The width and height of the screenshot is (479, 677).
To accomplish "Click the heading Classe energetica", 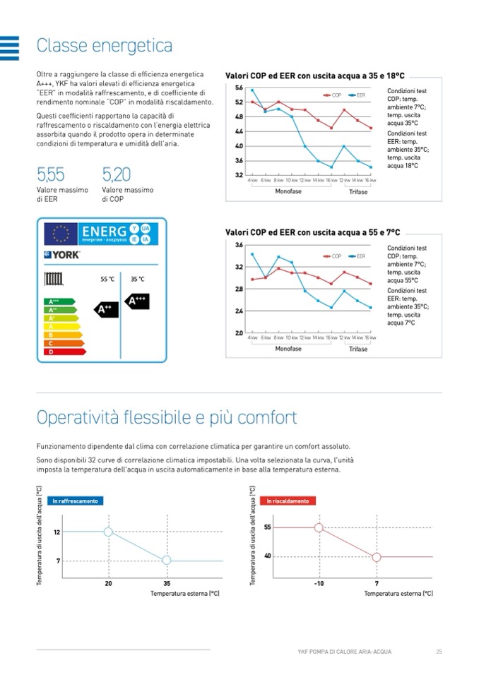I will tap(105, 47).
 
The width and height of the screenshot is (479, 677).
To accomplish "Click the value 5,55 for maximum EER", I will tap(50, 174).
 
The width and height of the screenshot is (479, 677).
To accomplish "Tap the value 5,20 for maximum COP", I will tap(116, 174).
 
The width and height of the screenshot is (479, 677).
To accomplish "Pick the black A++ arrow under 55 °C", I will tap(105, 309).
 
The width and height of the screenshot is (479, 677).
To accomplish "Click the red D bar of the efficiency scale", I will tap(64, 351).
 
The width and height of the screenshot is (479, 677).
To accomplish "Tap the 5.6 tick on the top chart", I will tap(239, 88).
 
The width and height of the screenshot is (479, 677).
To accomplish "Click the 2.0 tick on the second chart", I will tap(239, 332).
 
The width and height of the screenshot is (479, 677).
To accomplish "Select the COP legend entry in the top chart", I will tap(332, 95).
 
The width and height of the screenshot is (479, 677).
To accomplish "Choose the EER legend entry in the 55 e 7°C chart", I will tap(356, 256).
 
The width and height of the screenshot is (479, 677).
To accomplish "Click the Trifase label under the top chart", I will tap(358, 192).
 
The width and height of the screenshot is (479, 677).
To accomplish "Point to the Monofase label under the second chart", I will tap(288, 349).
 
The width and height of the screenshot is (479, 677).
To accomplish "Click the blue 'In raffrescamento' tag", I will tap(76, 501).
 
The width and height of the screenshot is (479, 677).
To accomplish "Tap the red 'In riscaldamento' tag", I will tap(288, 501).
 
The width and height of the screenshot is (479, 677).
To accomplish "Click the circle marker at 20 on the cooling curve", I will tap(108, 532).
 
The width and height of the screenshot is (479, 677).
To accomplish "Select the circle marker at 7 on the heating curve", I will tap(377, 557).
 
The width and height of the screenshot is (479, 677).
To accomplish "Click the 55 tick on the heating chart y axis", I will tap(267, 527).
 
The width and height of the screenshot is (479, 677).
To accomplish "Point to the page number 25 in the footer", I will tap(438, 651).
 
